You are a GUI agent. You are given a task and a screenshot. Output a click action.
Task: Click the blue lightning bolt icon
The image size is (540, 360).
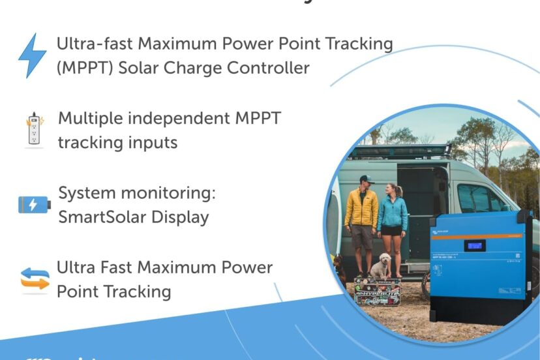(x=32, y=56)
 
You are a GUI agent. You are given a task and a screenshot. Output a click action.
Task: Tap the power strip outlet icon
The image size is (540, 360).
(x=33, y=129)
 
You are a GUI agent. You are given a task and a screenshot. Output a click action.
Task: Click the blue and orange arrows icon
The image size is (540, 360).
(x=35, y=278)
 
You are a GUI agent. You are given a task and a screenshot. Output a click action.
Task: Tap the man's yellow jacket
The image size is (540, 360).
(x=361, y=209)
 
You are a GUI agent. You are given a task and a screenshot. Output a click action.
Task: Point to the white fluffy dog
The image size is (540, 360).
(x=380, y=265)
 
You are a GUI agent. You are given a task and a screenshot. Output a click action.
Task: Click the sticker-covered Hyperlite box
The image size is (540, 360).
(x=380, y=290)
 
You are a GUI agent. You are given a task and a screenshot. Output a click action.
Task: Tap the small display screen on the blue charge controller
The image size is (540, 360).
(x=475, y=246)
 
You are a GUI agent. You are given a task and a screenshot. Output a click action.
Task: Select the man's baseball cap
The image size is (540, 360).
(x=366, y=179)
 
